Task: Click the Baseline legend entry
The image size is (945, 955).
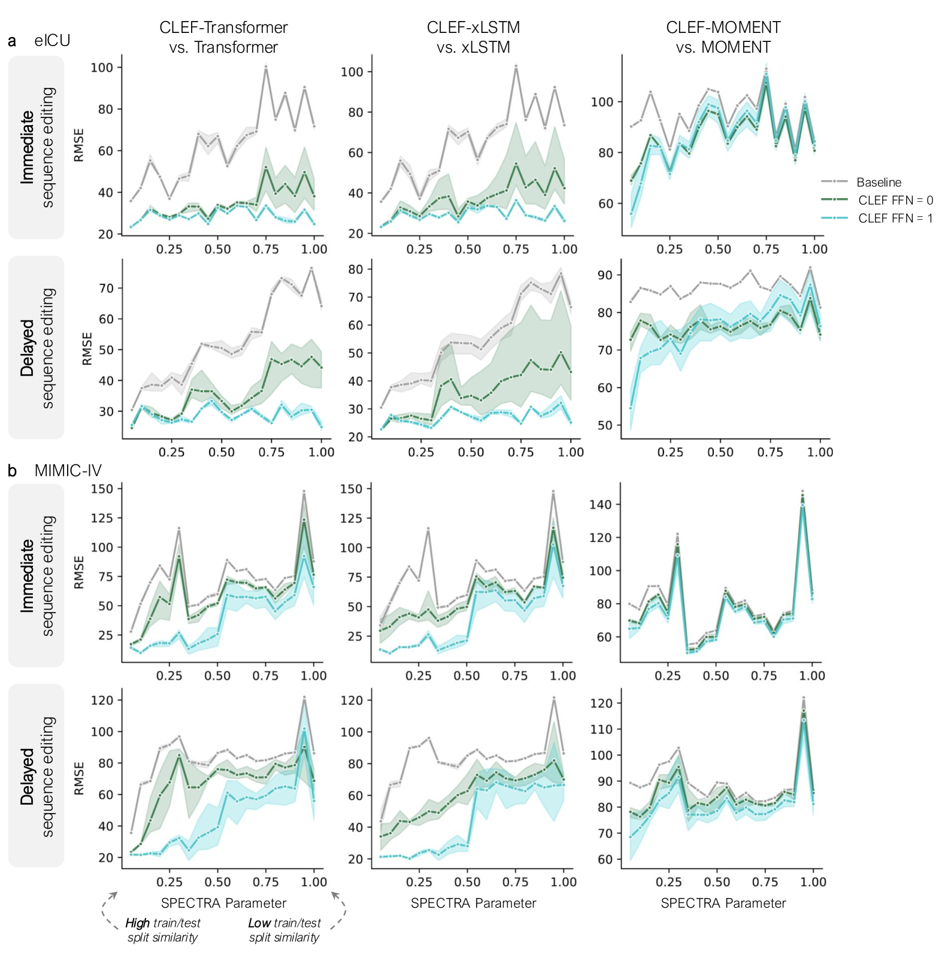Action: pos(878,182)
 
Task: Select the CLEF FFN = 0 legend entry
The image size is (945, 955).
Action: pos(895,200)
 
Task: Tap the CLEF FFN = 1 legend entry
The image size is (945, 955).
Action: pos(895,218)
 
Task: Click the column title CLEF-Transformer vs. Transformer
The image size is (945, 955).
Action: pos(223,37)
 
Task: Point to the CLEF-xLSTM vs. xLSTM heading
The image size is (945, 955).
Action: pos(473,37)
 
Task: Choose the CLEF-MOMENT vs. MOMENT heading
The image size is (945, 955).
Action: pos(723,37)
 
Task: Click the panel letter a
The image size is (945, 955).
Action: pos(12,41)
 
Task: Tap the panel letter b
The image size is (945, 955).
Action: pos(12,471)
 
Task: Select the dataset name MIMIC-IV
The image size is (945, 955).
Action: pos(68,471)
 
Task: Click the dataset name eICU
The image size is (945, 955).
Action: pos(52,41)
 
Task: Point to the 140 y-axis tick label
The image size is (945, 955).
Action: pos(601,505)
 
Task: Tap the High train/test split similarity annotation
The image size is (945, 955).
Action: pos(163,930)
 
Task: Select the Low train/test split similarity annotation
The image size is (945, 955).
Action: pos(284,930)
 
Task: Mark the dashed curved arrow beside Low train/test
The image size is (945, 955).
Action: pos(340,910)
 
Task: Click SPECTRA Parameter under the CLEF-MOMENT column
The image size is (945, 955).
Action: pos(723,903)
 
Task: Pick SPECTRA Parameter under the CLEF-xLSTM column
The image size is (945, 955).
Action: pos(473,903)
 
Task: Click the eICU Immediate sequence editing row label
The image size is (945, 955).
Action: pos(37,147)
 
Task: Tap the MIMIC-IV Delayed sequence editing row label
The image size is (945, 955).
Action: pos(37,776)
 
